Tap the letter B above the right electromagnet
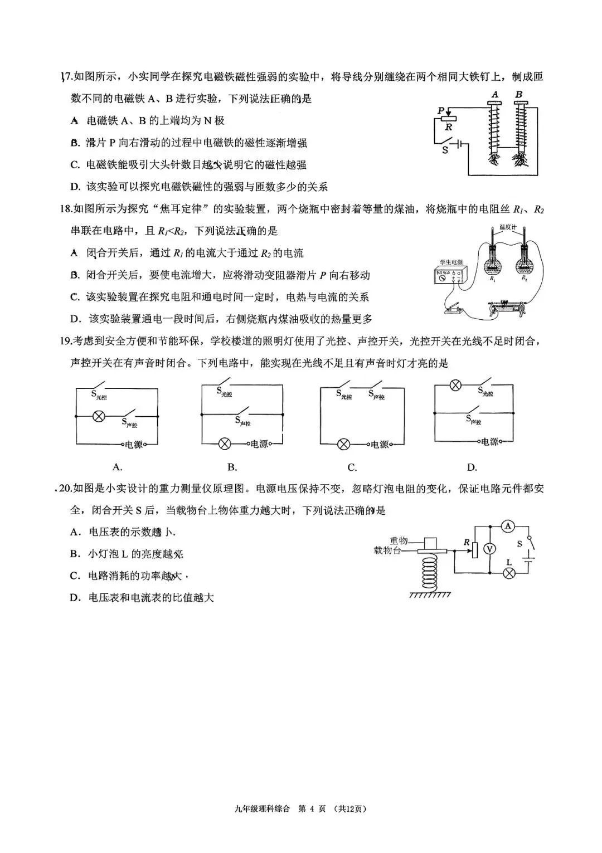pyautogui.click(x=519, y=95)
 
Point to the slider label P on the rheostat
pyautogui.click(x=441, y=110)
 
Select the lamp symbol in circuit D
pyautogui.click(x=454, y=385)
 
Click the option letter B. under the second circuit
pyautogui.click(x=232, y=467)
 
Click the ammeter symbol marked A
pyautogui.click(x=507, y=525)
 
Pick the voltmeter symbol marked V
pyautogui.click(x=489, y=549)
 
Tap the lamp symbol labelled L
pyautogui.click(x=508, y=574)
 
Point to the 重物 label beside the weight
pyautogui.click(x=399, y=540)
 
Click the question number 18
pyautogui.click(x=66, y=209)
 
